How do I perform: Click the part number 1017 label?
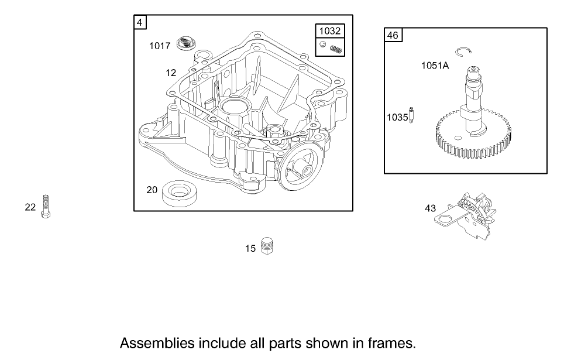160,46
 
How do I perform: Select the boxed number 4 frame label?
140,22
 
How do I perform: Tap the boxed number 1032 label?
330,31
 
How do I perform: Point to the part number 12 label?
171,73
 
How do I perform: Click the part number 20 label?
152,190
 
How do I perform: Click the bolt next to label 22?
46,207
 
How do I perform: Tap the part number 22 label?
30,207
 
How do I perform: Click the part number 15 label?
250,249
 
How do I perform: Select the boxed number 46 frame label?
393,35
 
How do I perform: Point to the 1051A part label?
435,66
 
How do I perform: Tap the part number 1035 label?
397,117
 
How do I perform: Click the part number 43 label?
431,208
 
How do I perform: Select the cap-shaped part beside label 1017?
185,43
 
